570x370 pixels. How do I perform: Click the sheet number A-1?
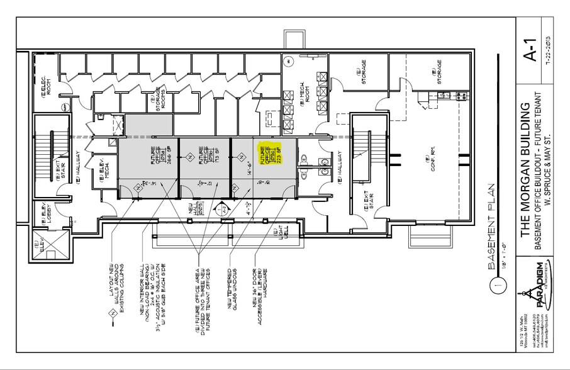530,54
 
